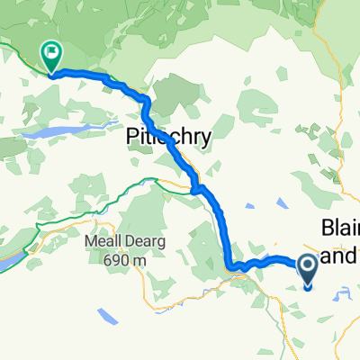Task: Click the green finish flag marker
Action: tap(51, 58)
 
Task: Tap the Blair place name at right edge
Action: tap(339, 229)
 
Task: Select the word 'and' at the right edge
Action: tap(340, 256)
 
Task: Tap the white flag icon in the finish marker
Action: tap(51, 54)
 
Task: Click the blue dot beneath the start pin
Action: tap(307, 287)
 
